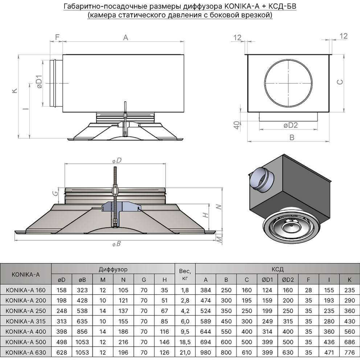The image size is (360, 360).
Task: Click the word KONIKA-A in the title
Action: point(242,6)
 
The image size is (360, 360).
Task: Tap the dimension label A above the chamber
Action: point(125,37)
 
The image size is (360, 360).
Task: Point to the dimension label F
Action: point(57,37)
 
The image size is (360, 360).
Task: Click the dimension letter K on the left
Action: point(15,90)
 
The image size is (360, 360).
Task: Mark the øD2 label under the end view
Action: point(290,125)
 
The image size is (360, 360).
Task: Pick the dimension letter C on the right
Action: point(340,82)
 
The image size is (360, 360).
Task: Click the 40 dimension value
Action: point(237,125)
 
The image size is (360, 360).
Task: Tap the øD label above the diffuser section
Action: point(117,160)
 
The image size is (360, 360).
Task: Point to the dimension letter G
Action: point(55,193)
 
